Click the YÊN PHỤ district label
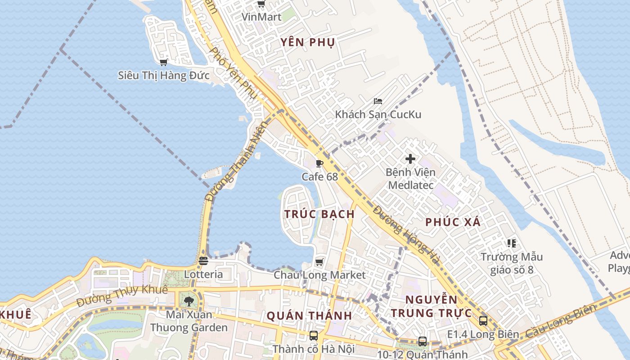point(308,43)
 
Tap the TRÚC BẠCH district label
point(319,214)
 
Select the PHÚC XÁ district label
point(453,222)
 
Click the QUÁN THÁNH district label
point(309,316)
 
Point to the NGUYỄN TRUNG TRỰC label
point(431,306)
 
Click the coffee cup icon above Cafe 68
point(319,163)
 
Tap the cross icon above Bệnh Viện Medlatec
point(410,159)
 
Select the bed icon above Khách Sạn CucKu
point(378,101)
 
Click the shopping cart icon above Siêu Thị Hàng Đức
point(164,62)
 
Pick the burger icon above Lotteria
point(203,261)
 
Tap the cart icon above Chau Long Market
point(319,262)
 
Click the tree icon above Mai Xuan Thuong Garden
point(189,301)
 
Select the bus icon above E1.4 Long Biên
point(483,321)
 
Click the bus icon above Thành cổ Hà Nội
point(314,336)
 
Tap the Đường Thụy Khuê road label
point(121,296)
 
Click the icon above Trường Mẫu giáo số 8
point(511,243)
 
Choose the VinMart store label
point(261,17)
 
